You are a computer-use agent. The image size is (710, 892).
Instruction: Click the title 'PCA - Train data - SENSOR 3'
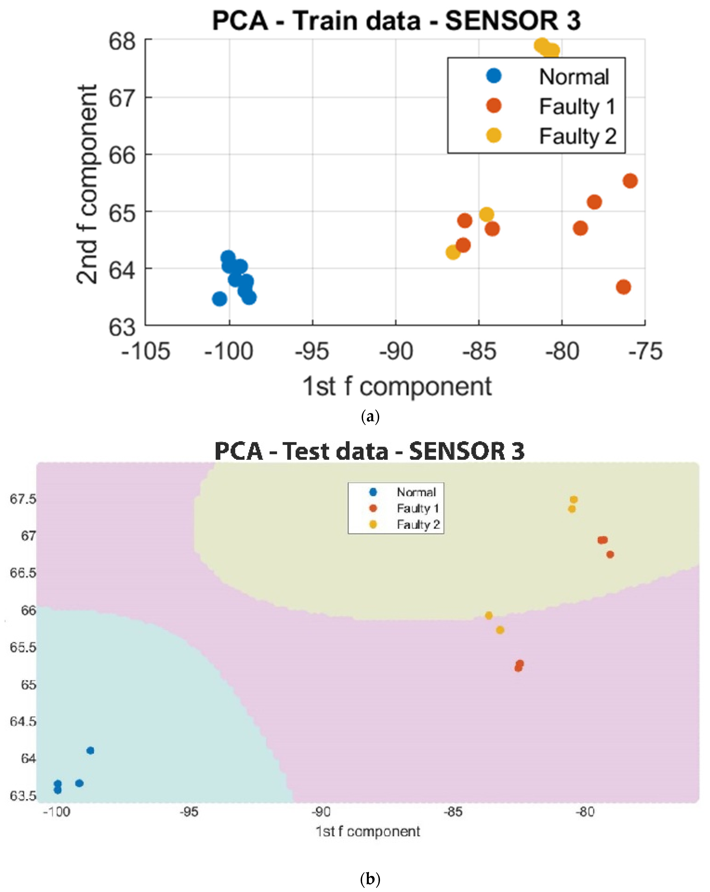pyautogui.click(x=396, y=21)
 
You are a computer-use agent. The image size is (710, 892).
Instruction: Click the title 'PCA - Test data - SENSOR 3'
pyautogui.click(x=369, y=451)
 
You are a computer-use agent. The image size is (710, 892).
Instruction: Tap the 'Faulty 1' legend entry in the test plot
pyautogui.click(x=417, y=508)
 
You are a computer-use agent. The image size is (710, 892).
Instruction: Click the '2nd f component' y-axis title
pyautogui.click(x=87, y=184)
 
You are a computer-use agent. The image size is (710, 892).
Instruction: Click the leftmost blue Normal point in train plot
pyautogui.click(x=219, y=299)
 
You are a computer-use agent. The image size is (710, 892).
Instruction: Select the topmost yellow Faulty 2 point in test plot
pyautogui.click(x=573, y=499)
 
